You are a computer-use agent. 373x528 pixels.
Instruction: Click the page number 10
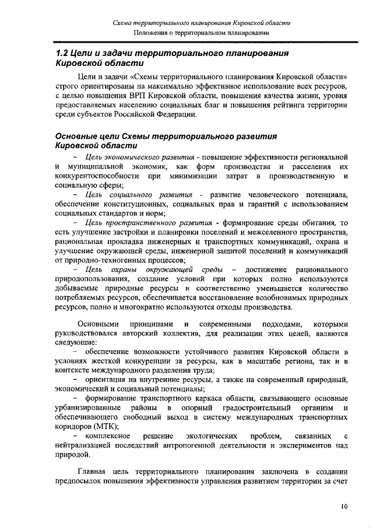344,507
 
